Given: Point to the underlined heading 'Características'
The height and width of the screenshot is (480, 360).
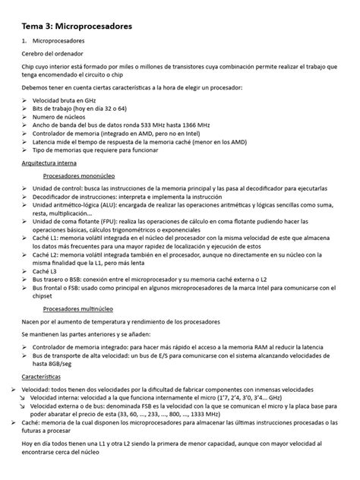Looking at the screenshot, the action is click(x=43, y=376).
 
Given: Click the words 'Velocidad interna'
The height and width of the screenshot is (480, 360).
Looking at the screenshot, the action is click(x=59, y=396).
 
